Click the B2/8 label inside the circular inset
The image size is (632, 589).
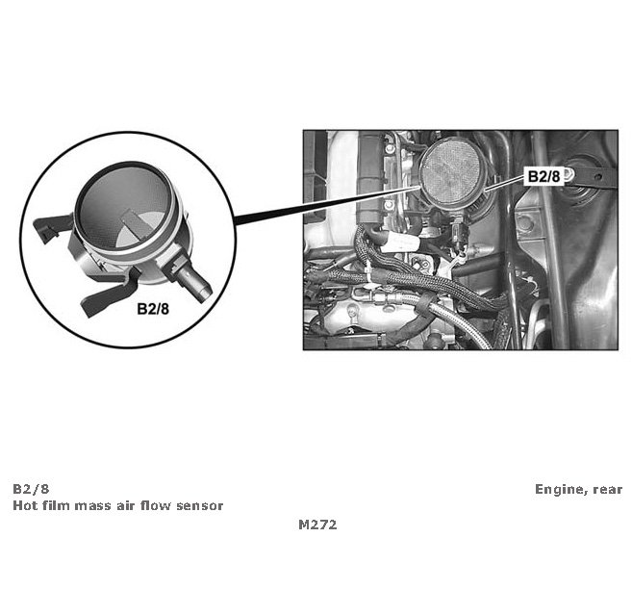pyautogui.click(x=153, y=309)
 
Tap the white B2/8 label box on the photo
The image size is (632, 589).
pyautogui.click(x=544, y=176)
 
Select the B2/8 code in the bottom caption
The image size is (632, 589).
pyautogui.click(x=31, y=489)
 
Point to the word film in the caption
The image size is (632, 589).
pyautogui.click(x=54, y=505)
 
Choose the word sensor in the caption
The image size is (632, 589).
pyautogui.click(x=199, y=506)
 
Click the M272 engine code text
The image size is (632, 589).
pyautogui.click(x=317, y=525)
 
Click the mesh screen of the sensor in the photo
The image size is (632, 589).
pyautogui.click(x=451, y=173)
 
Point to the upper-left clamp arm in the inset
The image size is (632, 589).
pyautogui.click(x=52, y=226)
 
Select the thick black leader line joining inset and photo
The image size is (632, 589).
pyautogui.click(x=327, y=206)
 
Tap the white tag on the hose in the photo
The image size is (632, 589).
pyautogui.click(x=400, y=243)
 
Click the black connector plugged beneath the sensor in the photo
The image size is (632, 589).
pyautogui.click(x=458, y=231)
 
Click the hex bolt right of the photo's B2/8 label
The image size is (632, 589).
pyautogui.click(x=569, y=174)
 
